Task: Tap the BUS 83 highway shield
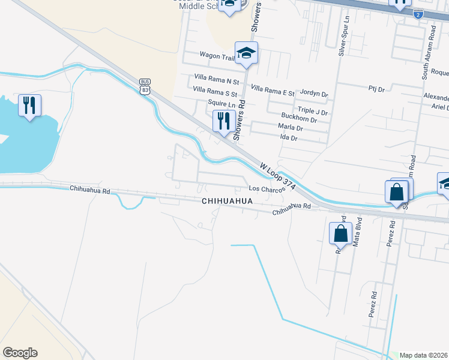click(145, 86)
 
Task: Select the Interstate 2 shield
click(418, 14)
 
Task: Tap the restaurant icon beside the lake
click(29, 106)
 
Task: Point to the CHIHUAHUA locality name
click(228, 202)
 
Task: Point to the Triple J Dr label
click(313, 112)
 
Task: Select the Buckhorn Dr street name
click(298, 120)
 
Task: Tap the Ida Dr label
click(289, 138)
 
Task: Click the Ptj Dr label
click(377, 88)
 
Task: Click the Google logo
click(20, 353)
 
